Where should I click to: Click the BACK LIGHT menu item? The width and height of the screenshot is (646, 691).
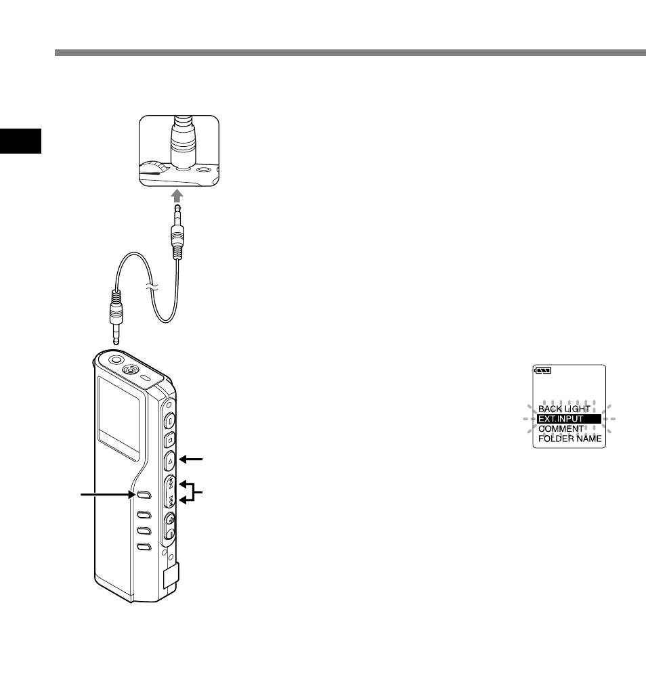[565, 409]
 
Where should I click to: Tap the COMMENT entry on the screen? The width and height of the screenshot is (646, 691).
[561, 429]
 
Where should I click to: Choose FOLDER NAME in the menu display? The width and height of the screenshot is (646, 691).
[569, 439]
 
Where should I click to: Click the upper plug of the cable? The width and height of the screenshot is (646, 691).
[178, 237]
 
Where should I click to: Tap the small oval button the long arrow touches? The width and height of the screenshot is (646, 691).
[142, 495]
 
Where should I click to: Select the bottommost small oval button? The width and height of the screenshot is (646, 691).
[143, 546]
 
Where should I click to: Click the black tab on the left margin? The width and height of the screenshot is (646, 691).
[21, 140]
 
